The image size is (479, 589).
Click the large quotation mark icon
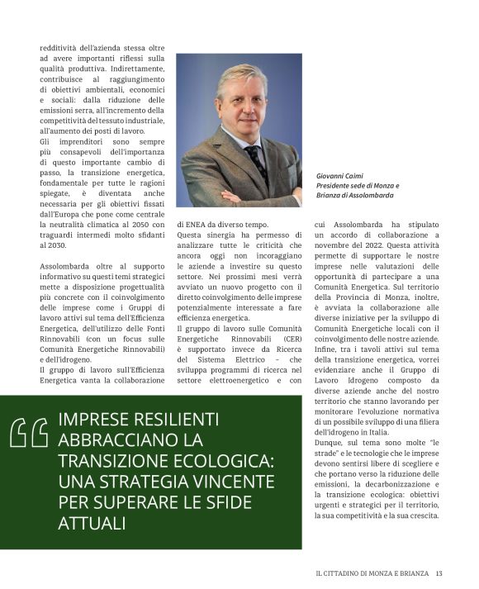[x=28, y=432]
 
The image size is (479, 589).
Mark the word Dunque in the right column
[x=330, y=442]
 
